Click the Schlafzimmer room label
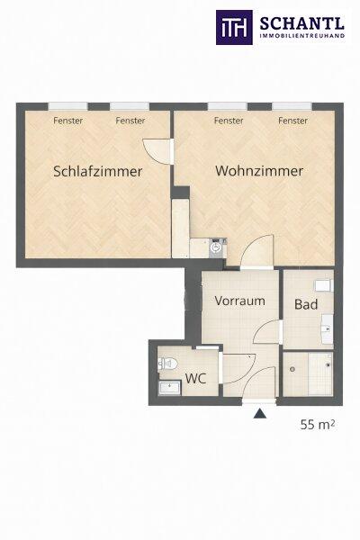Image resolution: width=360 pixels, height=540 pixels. pos(98,172)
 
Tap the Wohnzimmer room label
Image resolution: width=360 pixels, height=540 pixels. pos(259,171)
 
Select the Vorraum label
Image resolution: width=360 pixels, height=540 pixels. pos(239,301)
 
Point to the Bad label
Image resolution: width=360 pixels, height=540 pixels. pos(306,304)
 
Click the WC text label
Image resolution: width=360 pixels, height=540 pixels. pos(195,379)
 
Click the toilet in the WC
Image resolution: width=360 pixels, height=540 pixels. pos(167,364)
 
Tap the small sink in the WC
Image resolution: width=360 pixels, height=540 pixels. pos(169,388)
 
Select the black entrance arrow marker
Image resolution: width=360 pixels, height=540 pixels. pos(260,413)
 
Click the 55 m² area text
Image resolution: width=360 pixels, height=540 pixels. pos(318,424)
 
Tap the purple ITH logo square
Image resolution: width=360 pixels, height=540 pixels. pos(234,28)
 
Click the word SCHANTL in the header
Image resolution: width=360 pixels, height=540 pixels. pos(301,23)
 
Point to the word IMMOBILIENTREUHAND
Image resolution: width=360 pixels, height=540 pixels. pos(301,35)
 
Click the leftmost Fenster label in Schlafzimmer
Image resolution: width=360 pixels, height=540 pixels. pos(67,121)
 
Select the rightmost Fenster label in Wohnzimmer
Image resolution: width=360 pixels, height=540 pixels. pos(292,121)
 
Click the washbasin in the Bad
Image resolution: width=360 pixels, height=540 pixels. pos(328,328)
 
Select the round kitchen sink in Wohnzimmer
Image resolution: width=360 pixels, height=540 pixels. pos(216,247)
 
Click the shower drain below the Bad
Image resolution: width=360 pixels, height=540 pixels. pos(292,369)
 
